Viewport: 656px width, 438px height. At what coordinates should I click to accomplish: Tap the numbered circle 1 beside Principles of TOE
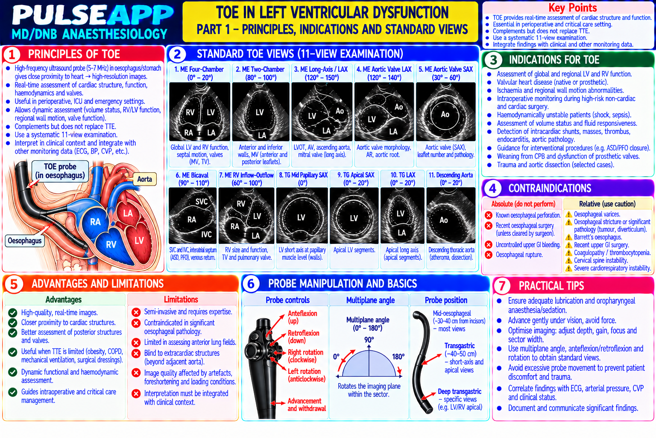coord(12,55)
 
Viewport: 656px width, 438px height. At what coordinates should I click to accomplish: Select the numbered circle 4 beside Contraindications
coord(493,188)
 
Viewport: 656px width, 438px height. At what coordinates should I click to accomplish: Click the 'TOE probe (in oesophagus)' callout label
coord(60,171)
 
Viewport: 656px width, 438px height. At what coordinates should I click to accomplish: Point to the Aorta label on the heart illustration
coord(144,179)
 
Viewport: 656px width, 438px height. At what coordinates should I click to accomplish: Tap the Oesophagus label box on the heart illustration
coord(25,241)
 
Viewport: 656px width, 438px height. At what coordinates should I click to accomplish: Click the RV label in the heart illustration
coord(111,244)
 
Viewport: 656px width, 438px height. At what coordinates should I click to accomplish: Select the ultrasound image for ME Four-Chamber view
coord(199,112)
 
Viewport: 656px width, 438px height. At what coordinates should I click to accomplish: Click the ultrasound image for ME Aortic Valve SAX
coord(445,112)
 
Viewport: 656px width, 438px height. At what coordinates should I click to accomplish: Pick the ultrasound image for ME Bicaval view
coord(193,216)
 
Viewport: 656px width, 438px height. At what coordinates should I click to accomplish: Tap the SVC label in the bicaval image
coord(202,201)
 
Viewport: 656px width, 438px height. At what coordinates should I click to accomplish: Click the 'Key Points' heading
coord(573,8)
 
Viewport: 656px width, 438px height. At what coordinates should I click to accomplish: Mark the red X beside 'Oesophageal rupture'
coord(489,255)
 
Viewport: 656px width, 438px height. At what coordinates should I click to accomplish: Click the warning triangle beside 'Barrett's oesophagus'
coord(568,237)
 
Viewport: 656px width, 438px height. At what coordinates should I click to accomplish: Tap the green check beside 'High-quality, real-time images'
coord(12,313)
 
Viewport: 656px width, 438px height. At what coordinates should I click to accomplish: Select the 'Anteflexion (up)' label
coord(302,317)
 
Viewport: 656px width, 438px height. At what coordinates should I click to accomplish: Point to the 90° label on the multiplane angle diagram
coord(369,340)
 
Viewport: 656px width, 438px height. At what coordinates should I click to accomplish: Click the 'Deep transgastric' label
coord(460,391)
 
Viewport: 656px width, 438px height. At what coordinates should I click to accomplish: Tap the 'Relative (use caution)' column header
coord(607,204)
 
